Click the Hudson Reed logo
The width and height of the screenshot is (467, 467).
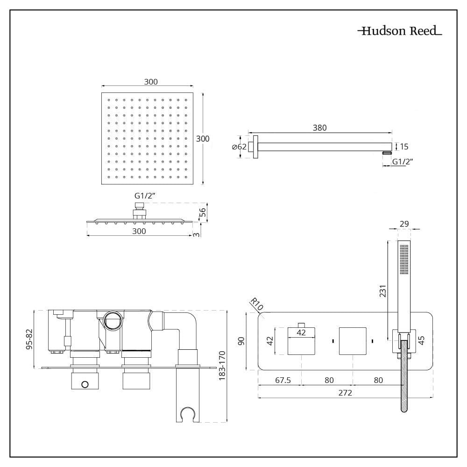click(400, 31)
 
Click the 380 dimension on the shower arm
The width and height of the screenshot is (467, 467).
click(320, 127)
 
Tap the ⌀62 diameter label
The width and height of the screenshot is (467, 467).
click(239, 147)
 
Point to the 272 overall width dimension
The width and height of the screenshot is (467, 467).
click(345, 392)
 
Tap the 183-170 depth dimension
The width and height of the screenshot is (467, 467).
click(222, 366)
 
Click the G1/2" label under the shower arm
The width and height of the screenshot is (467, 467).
click(403, 162)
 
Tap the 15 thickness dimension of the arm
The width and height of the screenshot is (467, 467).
click(404, 146)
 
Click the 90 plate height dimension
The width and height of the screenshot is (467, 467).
click(242, 341)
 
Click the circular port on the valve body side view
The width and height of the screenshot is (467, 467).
click(113, 321)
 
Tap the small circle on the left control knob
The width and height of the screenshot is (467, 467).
click(85, 384)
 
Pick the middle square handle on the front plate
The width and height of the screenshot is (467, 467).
click(352, 341)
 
